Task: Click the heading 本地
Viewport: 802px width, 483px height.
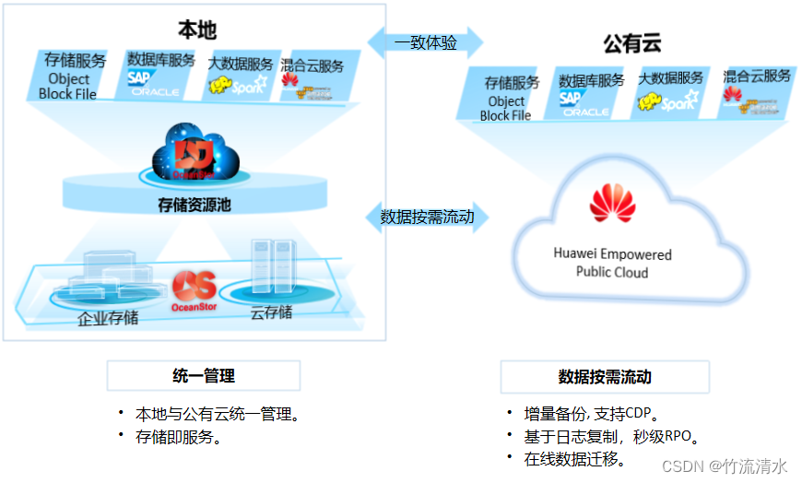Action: point(196,29)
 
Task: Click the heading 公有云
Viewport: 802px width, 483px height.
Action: point(632,43)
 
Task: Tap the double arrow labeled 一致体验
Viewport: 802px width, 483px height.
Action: point(426,42)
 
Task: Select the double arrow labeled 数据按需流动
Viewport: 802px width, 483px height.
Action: point(427,217)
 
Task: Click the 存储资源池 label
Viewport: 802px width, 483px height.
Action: point(195,205)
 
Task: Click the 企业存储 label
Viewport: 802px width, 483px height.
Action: point(108,318)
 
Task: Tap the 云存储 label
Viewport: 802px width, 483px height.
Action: point(271,312)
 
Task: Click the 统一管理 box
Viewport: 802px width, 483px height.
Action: point(204,375)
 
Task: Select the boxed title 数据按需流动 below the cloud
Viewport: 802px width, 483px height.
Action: point(605,377)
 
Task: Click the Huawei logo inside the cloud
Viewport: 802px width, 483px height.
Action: point(612,204)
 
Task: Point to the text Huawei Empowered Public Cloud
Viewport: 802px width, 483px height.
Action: point(612,263)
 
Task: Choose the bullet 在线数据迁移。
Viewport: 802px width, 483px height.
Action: point(573,458)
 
